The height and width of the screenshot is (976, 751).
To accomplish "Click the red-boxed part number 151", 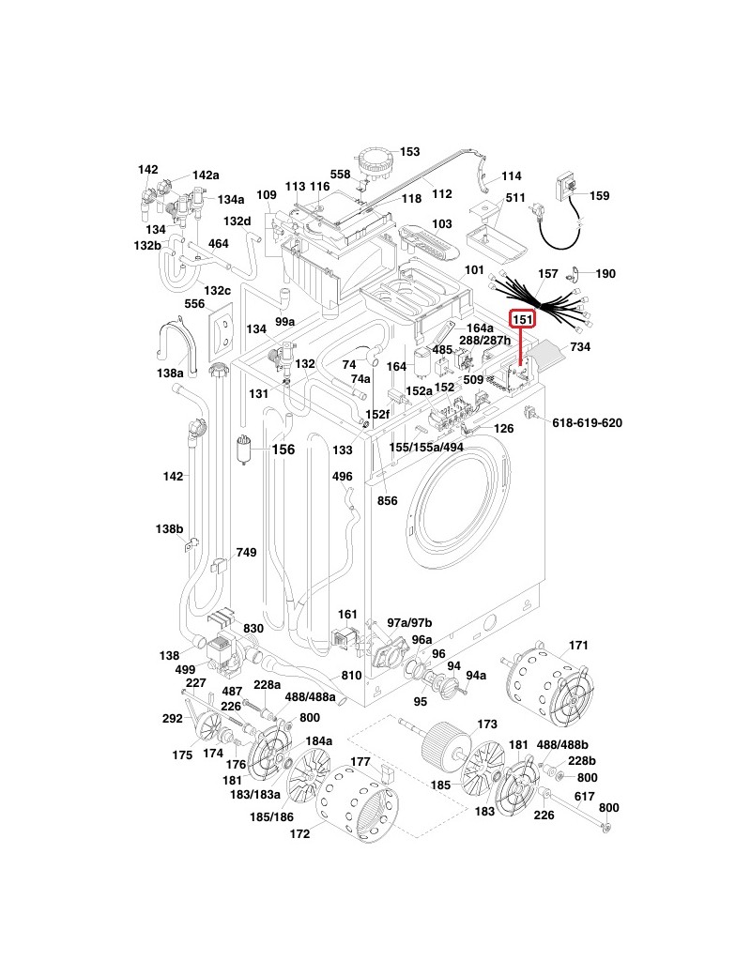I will (522, 320).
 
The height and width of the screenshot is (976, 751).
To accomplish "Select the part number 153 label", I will (410, 151).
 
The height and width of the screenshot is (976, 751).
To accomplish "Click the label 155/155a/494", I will (426, 449).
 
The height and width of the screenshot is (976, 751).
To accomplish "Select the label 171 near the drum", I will (579, 646).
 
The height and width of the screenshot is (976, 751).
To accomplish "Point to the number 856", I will (387, 501).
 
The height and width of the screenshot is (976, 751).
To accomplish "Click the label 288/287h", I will (484, 341).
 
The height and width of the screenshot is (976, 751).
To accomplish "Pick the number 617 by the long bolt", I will (585, 796).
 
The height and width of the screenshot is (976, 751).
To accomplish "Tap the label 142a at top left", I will (206, 175).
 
